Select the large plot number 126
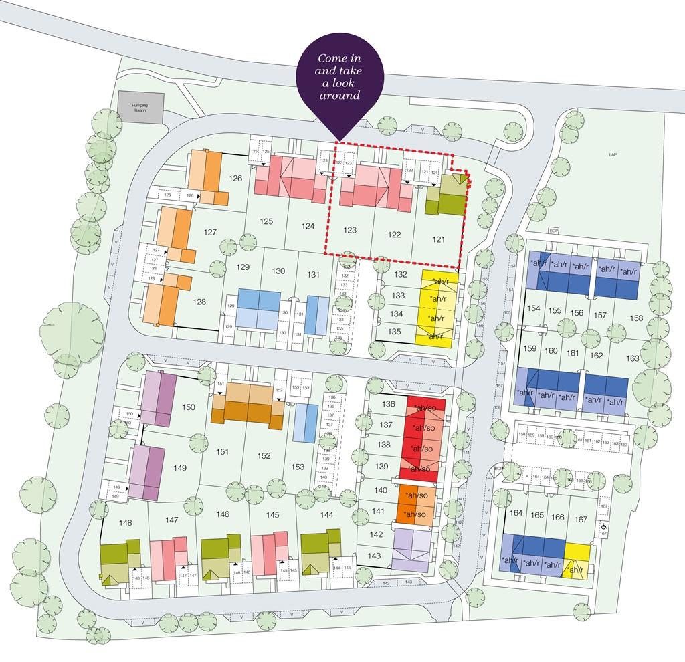tap(235, 178)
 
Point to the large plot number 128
tap(199, 302)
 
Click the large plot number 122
tap(394, 235)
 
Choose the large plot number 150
tap(189, 407)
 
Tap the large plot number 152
tap(264, 455)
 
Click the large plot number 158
tap(635, 318)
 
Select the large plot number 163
tap(632, 358)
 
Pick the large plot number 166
tap(558, 516)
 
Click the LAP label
tap(613, 154)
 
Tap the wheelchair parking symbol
tap(603, 526)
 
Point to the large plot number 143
tap(374, 556)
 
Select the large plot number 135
tap(395, 331)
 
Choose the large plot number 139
tap(383, 466)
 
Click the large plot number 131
tap(313, 274)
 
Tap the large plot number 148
tap(125, 522)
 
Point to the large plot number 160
tap(551, 350)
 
